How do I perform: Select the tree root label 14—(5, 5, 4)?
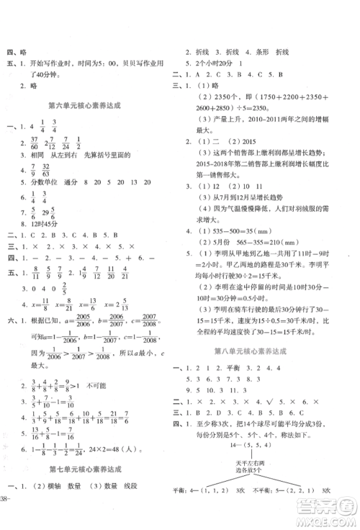coord(261,454)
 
